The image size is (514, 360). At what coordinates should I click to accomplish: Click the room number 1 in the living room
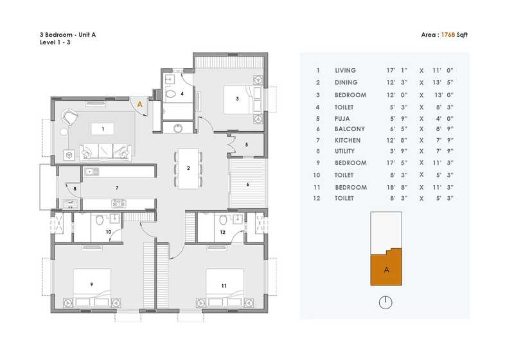[x=102, y=129]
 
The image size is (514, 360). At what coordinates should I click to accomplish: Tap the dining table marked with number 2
[x=188, y=168]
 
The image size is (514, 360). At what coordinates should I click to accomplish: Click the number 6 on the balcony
[x=247, y=184]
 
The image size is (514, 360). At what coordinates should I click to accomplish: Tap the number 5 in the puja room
[x=247, y=145]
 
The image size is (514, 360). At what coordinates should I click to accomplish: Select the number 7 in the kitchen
[x=116, y=188]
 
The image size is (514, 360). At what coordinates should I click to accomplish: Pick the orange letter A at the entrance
[x=139, y=103]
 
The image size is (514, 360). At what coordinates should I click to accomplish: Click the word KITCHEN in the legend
[x=348, y=140]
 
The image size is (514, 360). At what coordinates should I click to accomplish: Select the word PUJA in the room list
[x=343, y=118]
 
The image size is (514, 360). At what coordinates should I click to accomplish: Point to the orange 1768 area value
[x=447, y=36]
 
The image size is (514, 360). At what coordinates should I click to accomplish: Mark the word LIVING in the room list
[x=345, y=71]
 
